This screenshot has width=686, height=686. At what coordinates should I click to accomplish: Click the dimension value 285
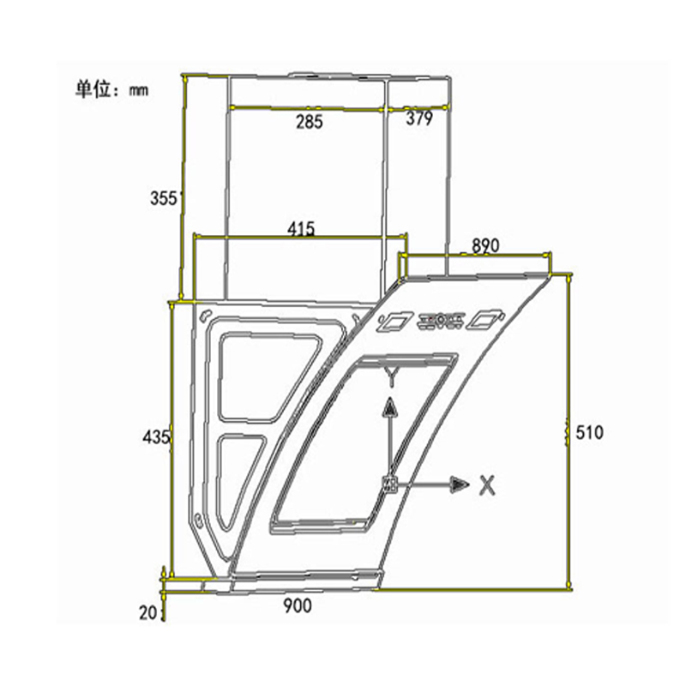(309, 122)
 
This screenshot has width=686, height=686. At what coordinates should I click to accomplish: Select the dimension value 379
(419, 120)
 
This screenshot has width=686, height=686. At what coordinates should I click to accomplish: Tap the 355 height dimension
(163, 198)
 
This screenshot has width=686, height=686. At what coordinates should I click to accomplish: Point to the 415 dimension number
(301, 229)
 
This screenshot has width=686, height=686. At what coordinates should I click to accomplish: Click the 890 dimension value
(484, 246)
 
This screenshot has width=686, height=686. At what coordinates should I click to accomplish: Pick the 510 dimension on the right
(589, 433)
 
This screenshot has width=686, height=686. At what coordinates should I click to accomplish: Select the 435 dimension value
(157, 437)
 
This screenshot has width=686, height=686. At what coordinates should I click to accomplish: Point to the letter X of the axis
(487, 485)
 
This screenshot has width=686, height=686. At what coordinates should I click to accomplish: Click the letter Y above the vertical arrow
(392, 375)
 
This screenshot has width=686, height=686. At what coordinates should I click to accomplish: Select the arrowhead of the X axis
(460, 485)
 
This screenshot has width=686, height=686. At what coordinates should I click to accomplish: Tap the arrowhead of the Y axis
(389, 407)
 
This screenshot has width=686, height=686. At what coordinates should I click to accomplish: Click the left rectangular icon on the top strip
(394, 321)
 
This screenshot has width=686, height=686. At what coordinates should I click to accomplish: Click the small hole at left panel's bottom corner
(199, 518)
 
